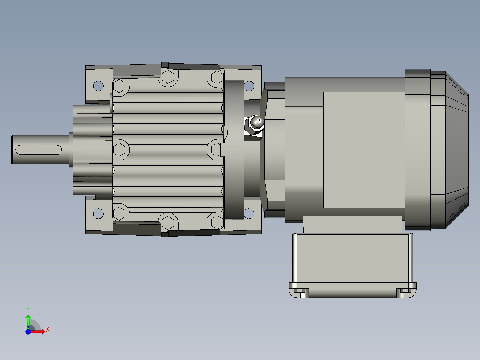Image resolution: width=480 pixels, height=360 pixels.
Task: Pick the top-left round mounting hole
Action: [98, 85]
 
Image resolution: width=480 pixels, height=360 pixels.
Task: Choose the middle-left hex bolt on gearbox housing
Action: [119, 149]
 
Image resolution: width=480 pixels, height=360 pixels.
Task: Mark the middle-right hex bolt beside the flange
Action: [216, 149]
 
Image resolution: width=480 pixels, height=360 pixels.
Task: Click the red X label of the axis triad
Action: [48, 330]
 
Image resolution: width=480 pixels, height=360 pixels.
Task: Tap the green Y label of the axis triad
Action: [28, 309]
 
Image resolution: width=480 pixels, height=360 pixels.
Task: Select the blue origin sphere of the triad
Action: [28, 331]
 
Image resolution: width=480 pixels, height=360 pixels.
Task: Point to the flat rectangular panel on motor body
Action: [363, 150]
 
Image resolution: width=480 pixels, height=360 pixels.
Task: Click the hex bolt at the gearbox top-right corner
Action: [216, 78]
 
